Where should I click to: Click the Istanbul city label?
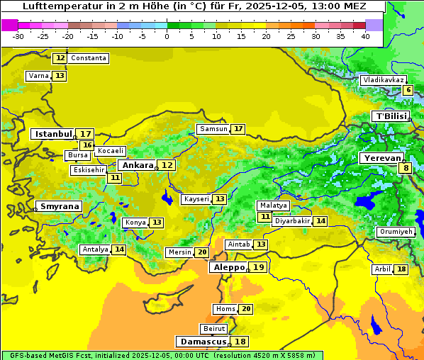pos(54,134)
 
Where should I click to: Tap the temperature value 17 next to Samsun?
pos(238,129)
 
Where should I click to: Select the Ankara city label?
pos(137,165)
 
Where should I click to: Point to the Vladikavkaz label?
pos(383,80)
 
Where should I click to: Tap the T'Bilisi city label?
pos(391,116)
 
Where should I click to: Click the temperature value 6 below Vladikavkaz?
pos(408,90)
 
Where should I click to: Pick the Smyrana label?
pos(59,206)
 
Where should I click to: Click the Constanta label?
pos(89,58)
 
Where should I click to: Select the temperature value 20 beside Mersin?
pos(202,252)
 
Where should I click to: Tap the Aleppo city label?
pos(228,267)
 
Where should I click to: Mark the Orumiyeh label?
pos(395,232)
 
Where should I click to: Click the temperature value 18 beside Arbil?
pos(401,269)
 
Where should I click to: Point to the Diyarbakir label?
pos(292,221)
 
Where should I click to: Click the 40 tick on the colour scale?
pos(365,36)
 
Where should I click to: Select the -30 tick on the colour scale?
pos(18,36)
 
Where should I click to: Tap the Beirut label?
pos(214,329)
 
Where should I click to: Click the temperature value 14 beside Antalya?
pos(119,249)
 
